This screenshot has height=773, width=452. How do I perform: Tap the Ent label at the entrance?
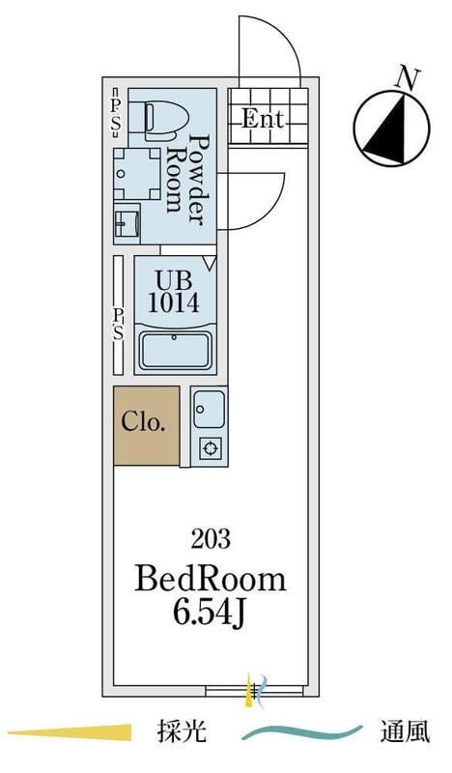(264, 119)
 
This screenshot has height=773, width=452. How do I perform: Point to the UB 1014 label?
(174, 292)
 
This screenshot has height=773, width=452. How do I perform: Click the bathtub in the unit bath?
(175, 350)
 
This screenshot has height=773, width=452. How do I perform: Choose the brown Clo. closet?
(147, 425)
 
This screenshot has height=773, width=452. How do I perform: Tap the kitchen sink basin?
(209, 409)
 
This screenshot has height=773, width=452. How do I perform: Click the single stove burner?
(211, 448)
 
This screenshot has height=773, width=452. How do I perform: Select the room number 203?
(211, 539)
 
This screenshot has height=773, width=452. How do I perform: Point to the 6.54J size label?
(209, 614)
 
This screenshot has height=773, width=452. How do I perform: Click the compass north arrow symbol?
(392, 129)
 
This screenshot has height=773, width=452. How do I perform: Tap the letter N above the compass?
(409, 79)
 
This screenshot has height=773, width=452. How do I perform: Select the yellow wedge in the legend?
(70, 732)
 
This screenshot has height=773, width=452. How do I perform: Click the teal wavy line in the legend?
(301, 733)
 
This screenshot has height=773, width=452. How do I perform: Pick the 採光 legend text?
(182, 731)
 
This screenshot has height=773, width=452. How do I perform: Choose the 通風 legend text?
(405, 731)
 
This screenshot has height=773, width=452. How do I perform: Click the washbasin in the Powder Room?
(127, 225)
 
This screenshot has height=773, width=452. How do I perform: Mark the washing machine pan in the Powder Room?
(136, 174)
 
